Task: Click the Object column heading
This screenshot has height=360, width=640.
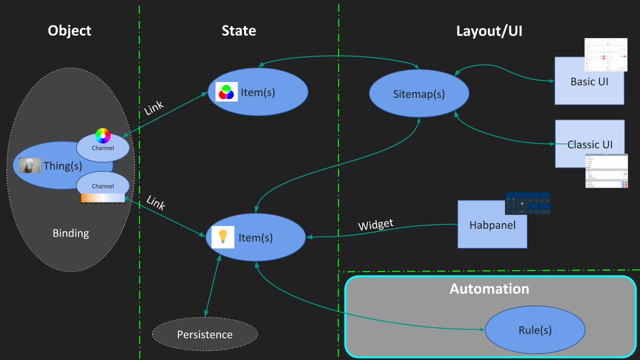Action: click(x=69, y=31)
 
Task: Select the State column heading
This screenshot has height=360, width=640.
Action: click(x=238, y=31)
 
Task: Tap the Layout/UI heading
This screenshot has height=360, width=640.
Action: click(x=489, y=31)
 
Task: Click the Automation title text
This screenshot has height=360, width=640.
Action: click(x=489, y=289)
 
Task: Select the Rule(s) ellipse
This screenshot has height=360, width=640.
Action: click(x=534, y=330)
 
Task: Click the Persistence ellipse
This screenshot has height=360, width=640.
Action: click(x=204, y=334)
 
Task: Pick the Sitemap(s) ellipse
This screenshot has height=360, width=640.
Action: click(x=419, y=93)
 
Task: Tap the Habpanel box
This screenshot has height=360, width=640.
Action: click(x=492, y=224)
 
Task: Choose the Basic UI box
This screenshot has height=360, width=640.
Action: click(x=589, y=81)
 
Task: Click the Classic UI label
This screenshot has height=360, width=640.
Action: click(x=589, y=145)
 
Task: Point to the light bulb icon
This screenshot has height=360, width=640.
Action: click(x=223, y=237)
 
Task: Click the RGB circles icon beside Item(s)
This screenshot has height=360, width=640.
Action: click(x=226, y=92)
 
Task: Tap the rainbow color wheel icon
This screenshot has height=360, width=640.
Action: click(x=102, y=136)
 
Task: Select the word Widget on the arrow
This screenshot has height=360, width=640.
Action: click(x=375, y=225)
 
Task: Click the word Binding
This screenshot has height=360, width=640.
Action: click(x=70, y=233)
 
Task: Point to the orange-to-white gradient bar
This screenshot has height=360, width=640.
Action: click(x=102, y=198)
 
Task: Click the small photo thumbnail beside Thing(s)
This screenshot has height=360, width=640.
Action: click(x=29, y=165)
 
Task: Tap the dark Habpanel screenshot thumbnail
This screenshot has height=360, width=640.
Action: click(x=527, y=203)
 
